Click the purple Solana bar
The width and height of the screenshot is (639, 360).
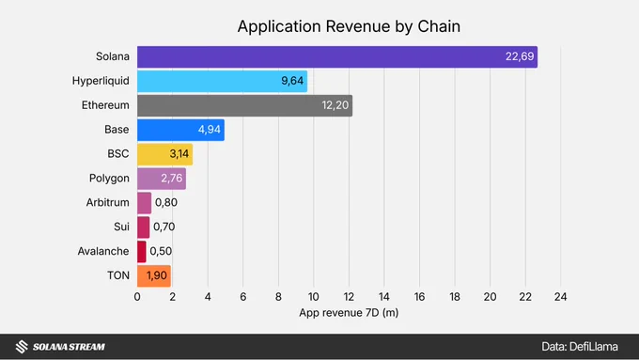pos(337,56)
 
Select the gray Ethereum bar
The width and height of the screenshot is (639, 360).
pos(245,105)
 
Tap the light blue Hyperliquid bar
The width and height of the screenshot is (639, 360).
pos(222,81)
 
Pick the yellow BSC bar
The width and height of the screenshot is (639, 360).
pos(165,154)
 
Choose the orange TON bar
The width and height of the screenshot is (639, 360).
pos(154,276)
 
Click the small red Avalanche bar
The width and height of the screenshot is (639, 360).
pos(141,252)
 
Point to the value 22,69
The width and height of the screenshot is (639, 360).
pos(520,56)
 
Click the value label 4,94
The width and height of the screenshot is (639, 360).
pos(209,130)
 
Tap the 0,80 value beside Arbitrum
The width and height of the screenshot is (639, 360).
pos(166,203)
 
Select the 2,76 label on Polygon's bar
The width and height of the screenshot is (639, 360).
pos(172,179)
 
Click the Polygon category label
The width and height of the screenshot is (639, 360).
pos(109,179)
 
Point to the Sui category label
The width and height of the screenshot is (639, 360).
pos(121,227)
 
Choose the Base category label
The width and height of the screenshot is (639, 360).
pos(117,130)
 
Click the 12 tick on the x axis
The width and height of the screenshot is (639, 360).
pos(349,297)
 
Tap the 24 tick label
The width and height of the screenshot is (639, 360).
pos(560,297)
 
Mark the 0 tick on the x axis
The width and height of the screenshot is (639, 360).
pos(137,297)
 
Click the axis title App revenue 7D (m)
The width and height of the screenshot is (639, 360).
pos(349,313)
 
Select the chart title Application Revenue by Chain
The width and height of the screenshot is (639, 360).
pos(349,26)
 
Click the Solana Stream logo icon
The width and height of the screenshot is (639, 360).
pos(22,347)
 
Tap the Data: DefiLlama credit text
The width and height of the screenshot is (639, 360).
pos(580,347)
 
